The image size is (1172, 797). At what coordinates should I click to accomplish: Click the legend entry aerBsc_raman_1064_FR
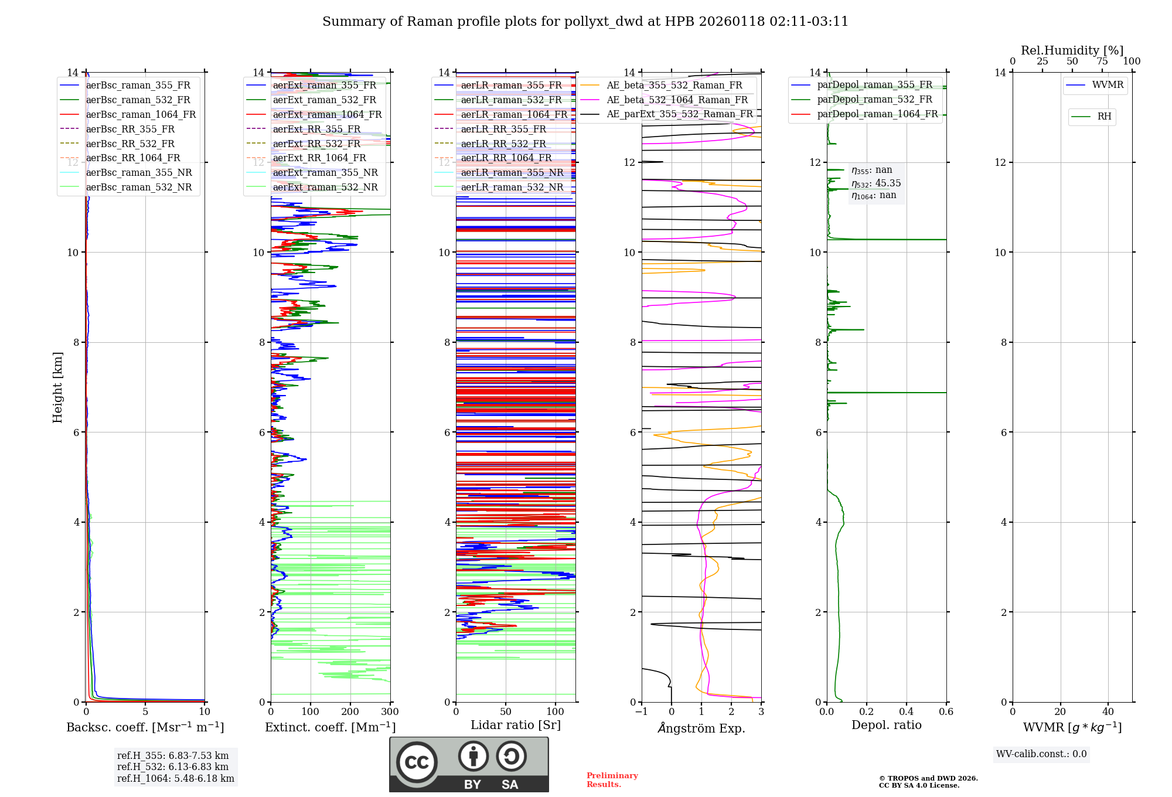point(141,115)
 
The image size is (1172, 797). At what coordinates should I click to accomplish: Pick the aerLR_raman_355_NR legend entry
point(512,173)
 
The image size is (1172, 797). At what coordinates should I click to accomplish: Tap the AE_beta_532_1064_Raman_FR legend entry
point(677,100)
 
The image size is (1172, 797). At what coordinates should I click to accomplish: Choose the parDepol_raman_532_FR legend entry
point(874,100)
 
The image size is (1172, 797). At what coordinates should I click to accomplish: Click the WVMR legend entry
point(1108,85)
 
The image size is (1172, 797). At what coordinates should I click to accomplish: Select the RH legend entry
point(1104,117)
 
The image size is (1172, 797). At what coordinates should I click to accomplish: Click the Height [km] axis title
point(57,387)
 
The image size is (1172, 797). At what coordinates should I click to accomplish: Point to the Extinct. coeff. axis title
point(331,727)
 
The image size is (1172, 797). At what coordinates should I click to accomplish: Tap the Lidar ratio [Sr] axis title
point(516,725)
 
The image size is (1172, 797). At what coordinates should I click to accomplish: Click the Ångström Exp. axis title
point(701,728)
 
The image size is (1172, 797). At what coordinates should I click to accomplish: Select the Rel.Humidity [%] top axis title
point(1072,50)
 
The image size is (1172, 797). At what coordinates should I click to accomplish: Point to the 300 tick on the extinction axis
point(390,712)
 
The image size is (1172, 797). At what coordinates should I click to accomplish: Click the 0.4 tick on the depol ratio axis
point(906,712)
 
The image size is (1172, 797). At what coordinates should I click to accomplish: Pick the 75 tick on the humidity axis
point(1102,62)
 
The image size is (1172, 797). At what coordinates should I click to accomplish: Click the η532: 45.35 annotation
point(876,183)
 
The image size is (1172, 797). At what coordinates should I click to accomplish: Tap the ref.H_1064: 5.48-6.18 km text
point(176,779)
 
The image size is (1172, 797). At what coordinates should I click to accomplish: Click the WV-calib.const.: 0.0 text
point(1041,754)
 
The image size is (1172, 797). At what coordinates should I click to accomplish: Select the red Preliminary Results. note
point(612,780)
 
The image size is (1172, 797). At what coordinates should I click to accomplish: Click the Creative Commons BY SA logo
point(469,765)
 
